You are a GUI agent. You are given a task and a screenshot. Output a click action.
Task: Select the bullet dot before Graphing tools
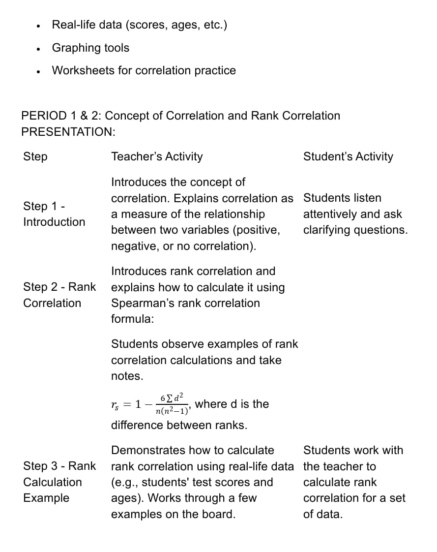38,49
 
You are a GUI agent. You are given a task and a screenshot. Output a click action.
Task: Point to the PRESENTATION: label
68,132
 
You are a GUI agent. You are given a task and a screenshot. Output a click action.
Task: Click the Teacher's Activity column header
157,156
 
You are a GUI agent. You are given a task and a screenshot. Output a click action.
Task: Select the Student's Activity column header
348,156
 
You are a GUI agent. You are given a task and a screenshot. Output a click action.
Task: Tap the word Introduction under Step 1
54,222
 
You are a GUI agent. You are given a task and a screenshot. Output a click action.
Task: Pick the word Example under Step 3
46,498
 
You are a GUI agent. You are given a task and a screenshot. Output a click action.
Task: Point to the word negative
133,246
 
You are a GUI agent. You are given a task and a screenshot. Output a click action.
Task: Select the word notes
127,376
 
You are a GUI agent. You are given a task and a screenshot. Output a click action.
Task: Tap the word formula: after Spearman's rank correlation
132,319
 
